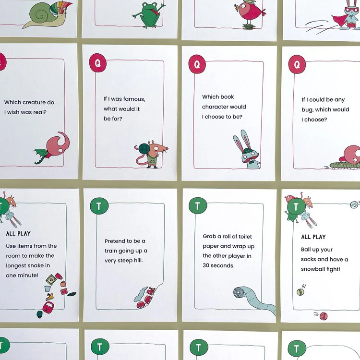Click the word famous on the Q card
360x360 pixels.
click(x=134, y=99)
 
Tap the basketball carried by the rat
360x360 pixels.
click(x=144, y=148)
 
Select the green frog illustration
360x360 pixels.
click(x=149, y=14)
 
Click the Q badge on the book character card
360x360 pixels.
click(x=197, y=64)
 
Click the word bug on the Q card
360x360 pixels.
click(x=307, y=110)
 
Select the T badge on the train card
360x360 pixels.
click(x=99, y=206)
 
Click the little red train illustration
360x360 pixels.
click(x=146, y=297)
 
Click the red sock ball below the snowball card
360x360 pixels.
click(x=324, y=316)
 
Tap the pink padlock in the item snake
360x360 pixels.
click(x=48, y=307)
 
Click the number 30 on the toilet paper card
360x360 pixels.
click(x=206, y=265)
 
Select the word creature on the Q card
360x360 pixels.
click(x=29, y=102)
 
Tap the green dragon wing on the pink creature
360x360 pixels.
click(x=41, y=153)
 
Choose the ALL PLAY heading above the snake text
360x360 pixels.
click(x=18, y=233)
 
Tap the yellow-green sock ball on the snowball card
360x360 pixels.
click(x=300, y=292)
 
